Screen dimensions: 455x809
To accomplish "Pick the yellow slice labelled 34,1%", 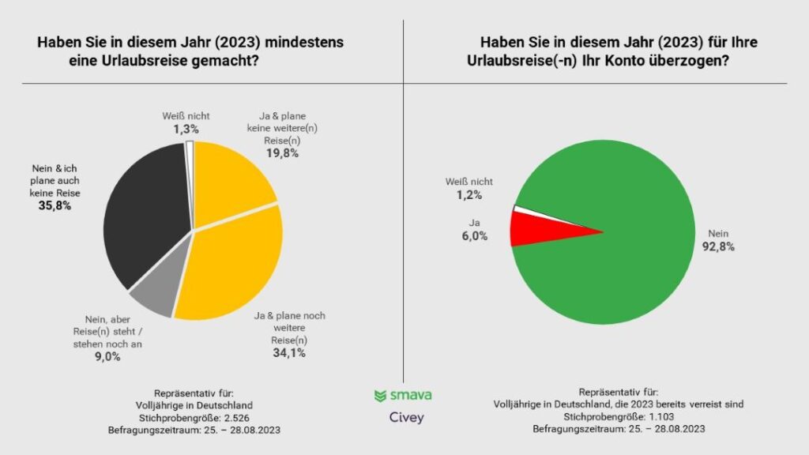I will pyautogui.click(x=233, y=265).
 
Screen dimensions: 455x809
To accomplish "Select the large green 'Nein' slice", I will pyautogui.click(x=624, y=237).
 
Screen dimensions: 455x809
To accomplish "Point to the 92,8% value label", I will pyautogui.click(x=718, y=246).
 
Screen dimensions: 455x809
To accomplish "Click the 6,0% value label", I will pyautogui.click(x=475, y=235).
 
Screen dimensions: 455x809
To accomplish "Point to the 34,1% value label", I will pyautogui.click(x=289, y=352).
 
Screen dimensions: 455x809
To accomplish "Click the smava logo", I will pyautogui.click(x=403, y=395).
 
